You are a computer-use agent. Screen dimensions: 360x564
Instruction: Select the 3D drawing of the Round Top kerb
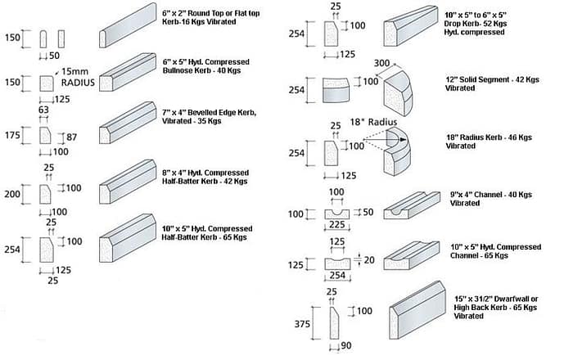click(127, 28)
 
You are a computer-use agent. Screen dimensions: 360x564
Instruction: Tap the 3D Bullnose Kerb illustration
click(128, 74)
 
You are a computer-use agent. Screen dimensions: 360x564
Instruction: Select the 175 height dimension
click(12, 134)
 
